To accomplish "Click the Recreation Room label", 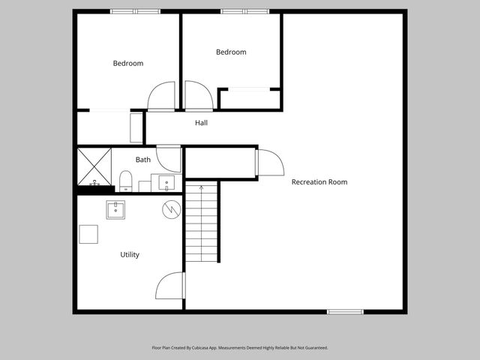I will point(319,182).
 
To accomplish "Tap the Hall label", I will point(201,123).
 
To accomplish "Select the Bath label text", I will point(142,160).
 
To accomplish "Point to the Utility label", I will point(130,255).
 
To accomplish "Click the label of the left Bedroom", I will point(127,64).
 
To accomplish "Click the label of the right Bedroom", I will point(231,52).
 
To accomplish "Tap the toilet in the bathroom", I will point(126,179).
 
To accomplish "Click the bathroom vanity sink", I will point(166,181).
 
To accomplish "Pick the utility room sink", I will point(115,209).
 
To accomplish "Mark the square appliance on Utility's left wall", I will point(88,234).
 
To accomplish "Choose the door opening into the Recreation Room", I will point(268,162).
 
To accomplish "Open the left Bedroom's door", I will point(162,97).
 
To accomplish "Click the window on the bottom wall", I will point(345,311).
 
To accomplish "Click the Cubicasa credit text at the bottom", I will point(239,348).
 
